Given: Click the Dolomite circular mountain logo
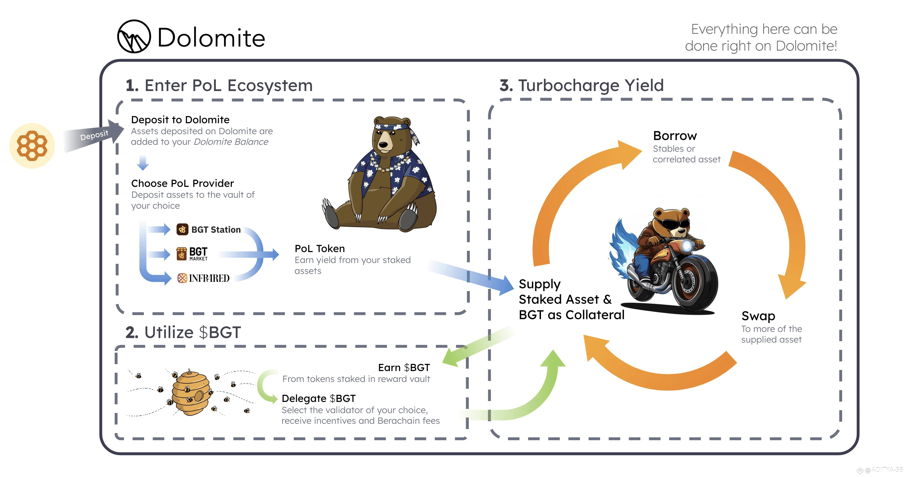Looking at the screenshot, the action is pyautogui.click(x=134, y=36).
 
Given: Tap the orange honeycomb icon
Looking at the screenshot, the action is pyautogui.click(x=32, y=146).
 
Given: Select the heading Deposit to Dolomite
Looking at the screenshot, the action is pyautogui.click(x=180, y=120).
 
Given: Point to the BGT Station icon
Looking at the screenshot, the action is pyautogui.click(x=182, y=229).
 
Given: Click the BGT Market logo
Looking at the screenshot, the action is pyautogui.click(x=192, y=253).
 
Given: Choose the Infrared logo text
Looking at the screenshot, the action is pyautogui.click(x=209, y=278).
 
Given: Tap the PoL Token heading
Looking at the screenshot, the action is pyautogui.click(x=320, y=249).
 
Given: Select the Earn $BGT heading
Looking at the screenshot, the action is pyautogui.click(x=404, y=368).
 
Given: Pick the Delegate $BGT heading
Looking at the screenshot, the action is pyautogui.click(x=319, y=398).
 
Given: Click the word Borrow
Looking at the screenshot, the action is pyautogui.click(x=675, y=136).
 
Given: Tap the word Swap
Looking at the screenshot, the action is pyautogui.click(x=758, y=316).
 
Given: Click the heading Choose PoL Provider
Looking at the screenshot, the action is pyautogui.click(x=182, y=183).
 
